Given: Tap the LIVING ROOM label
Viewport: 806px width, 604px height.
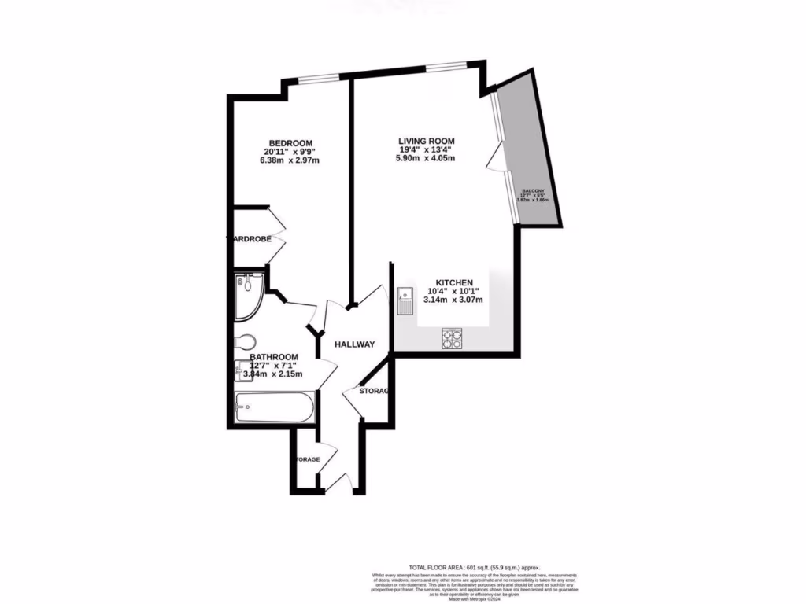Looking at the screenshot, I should (426, 141).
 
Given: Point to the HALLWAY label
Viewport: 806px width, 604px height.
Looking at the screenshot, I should (354, 344).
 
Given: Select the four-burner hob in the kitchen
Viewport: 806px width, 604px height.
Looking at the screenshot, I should (453, 338).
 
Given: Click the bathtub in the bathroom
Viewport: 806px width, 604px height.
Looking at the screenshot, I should (275, 407).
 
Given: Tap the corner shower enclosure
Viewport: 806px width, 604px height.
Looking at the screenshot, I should (249, 296).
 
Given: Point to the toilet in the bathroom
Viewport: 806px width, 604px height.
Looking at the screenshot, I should (245, 342).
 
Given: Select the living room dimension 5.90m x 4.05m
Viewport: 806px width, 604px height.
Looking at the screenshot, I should (426, 158).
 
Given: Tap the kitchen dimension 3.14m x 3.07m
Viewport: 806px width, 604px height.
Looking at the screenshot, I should (451, 300).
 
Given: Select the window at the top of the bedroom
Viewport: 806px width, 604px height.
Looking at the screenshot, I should (318, 77).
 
